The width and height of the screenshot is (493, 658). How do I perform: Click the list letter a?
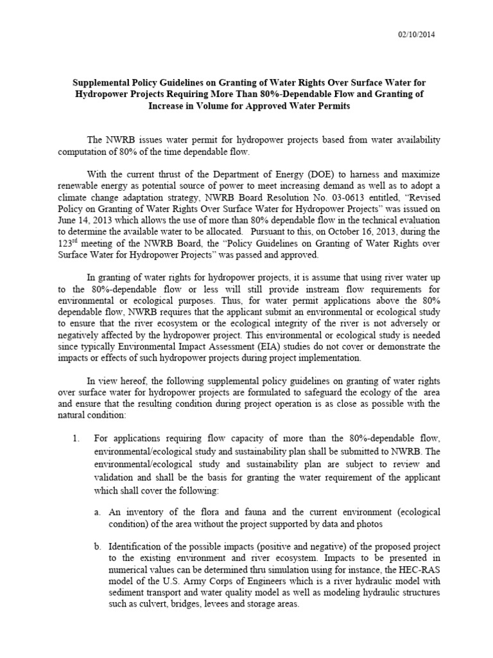tap(96, 511)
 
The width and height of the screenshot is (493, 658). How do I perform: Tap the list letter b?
tap(96, 546)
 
